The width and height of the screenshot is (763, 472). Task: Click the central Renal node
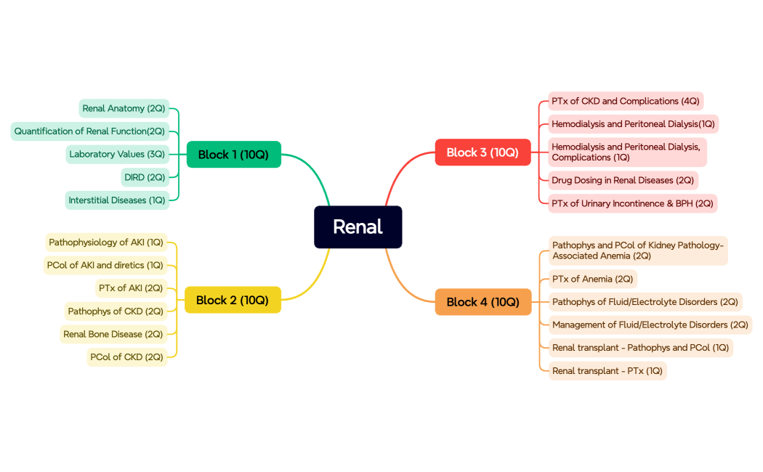(x=358, y=227)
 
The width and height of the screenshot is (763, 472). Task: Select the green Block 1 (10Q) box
(x=233, y=154)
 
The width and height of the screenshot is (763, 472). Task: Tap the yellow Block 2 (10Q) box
(x=233, y=300)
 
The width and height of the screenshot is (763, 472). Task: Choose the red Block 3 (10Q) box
(x=483, y=152)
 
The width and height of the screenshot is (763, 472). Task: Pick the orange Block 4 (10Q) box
(x=483, y=302)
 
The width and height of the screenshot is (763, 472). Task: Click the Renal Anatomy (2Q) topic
(x=124, y=108)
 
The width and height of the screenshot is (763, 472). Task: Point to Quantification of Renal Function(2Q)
(x=89, y=131)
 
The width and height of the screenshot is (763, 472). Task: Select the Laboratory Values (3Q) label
(x=117, y=154)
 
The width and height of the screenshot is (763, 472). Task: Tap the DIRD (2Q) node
(x=145, y=177)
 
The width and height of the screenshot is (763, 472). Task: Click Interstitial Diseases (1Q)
(x=117, y=200)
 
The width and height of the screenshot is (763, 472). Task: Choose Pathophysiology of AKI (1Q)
(x=106, y=242)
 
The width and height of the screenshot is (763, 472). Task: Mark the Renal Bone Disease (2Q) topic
(x=113, y=334)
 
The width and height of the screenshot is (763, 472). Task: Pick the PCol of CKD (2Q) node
(x=126, y=357)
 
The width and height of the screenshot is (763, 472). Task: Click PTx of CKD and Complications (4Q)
(x=625, y=101)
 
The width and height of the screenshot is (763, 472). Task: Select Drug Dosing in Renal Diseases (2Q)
(x=623, y=180)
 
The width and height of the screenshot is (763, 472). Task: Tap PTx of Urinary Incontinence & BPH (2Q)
(x=632, y=203)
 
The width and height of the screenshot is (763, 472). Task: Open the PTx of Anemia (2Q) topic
(x=592, y=279)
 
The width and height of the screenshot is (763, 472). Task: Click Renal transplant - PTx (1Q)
(x=607, y=371)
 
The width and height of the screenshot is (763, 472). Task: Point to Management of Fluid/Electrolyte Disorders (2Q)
(x=650, y=325)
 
